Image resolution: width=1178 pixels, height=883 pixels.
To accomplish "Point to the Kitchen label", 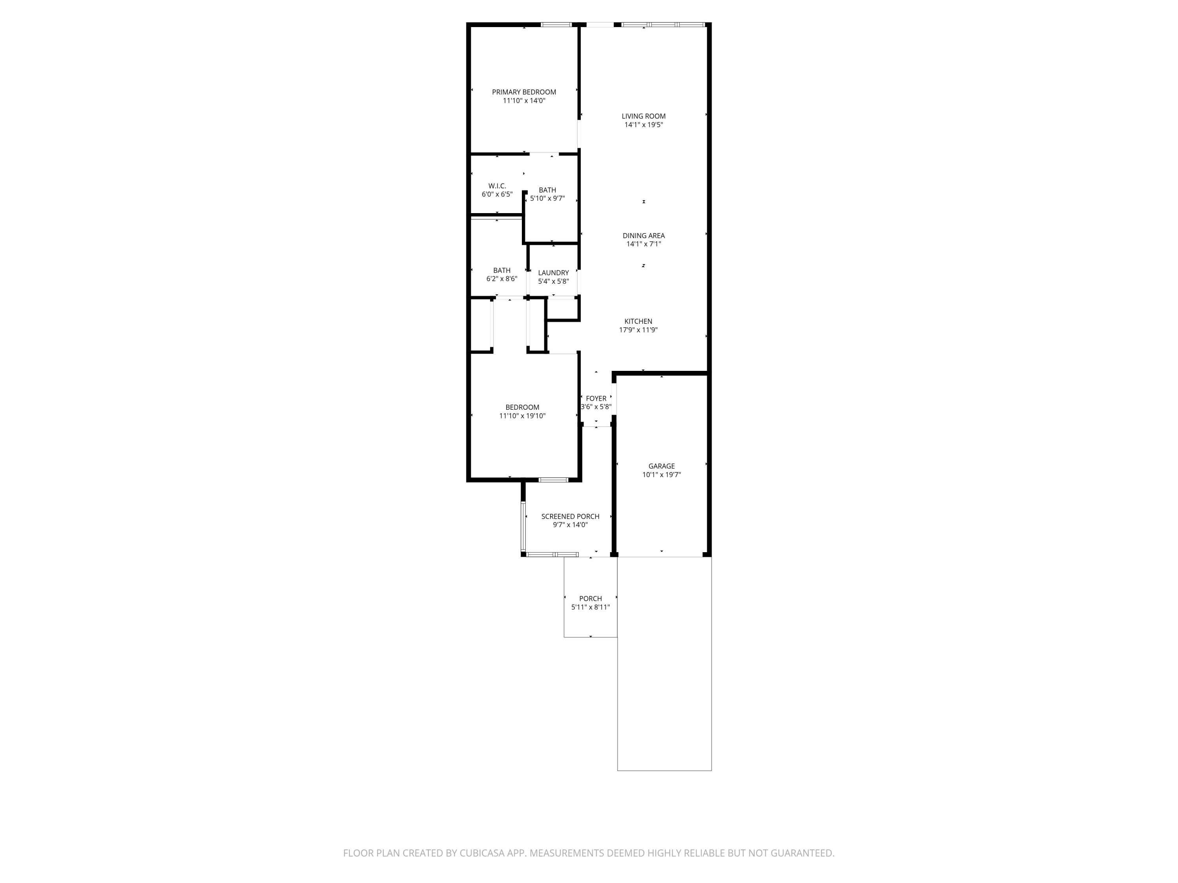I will (638, 321).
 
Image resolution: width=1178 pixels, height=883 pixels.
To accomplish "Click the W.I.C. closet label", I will (497, 186).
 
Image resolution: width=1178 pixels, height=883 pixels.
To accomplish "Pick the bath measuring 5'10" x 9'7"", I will (547, 194).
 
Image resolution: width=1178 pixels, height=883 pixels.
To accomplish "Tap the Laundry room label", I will (553, 272).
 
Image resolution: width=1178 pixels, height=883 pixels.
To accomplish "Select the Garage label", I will (661, 466).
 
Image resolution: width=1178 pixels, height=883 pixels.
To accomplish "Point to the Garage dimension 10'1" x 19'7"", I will (661, 475).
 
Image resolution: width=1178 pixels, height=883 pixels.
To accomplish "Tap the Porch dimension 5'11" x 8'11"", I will (590, 607).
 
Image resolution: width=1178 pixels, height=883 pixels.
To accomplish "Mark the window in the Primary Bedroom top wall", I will (556, 24).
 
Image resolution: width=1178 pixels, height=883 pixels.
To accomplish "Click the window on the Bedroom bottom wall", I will (553, 480).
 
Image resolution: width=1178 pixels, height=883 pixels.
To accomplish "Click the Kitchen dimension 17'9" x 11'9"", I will (638, 330).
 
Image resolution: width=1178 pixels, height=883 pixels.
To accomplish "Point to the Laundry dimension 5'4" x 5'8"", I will (553, 281).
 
